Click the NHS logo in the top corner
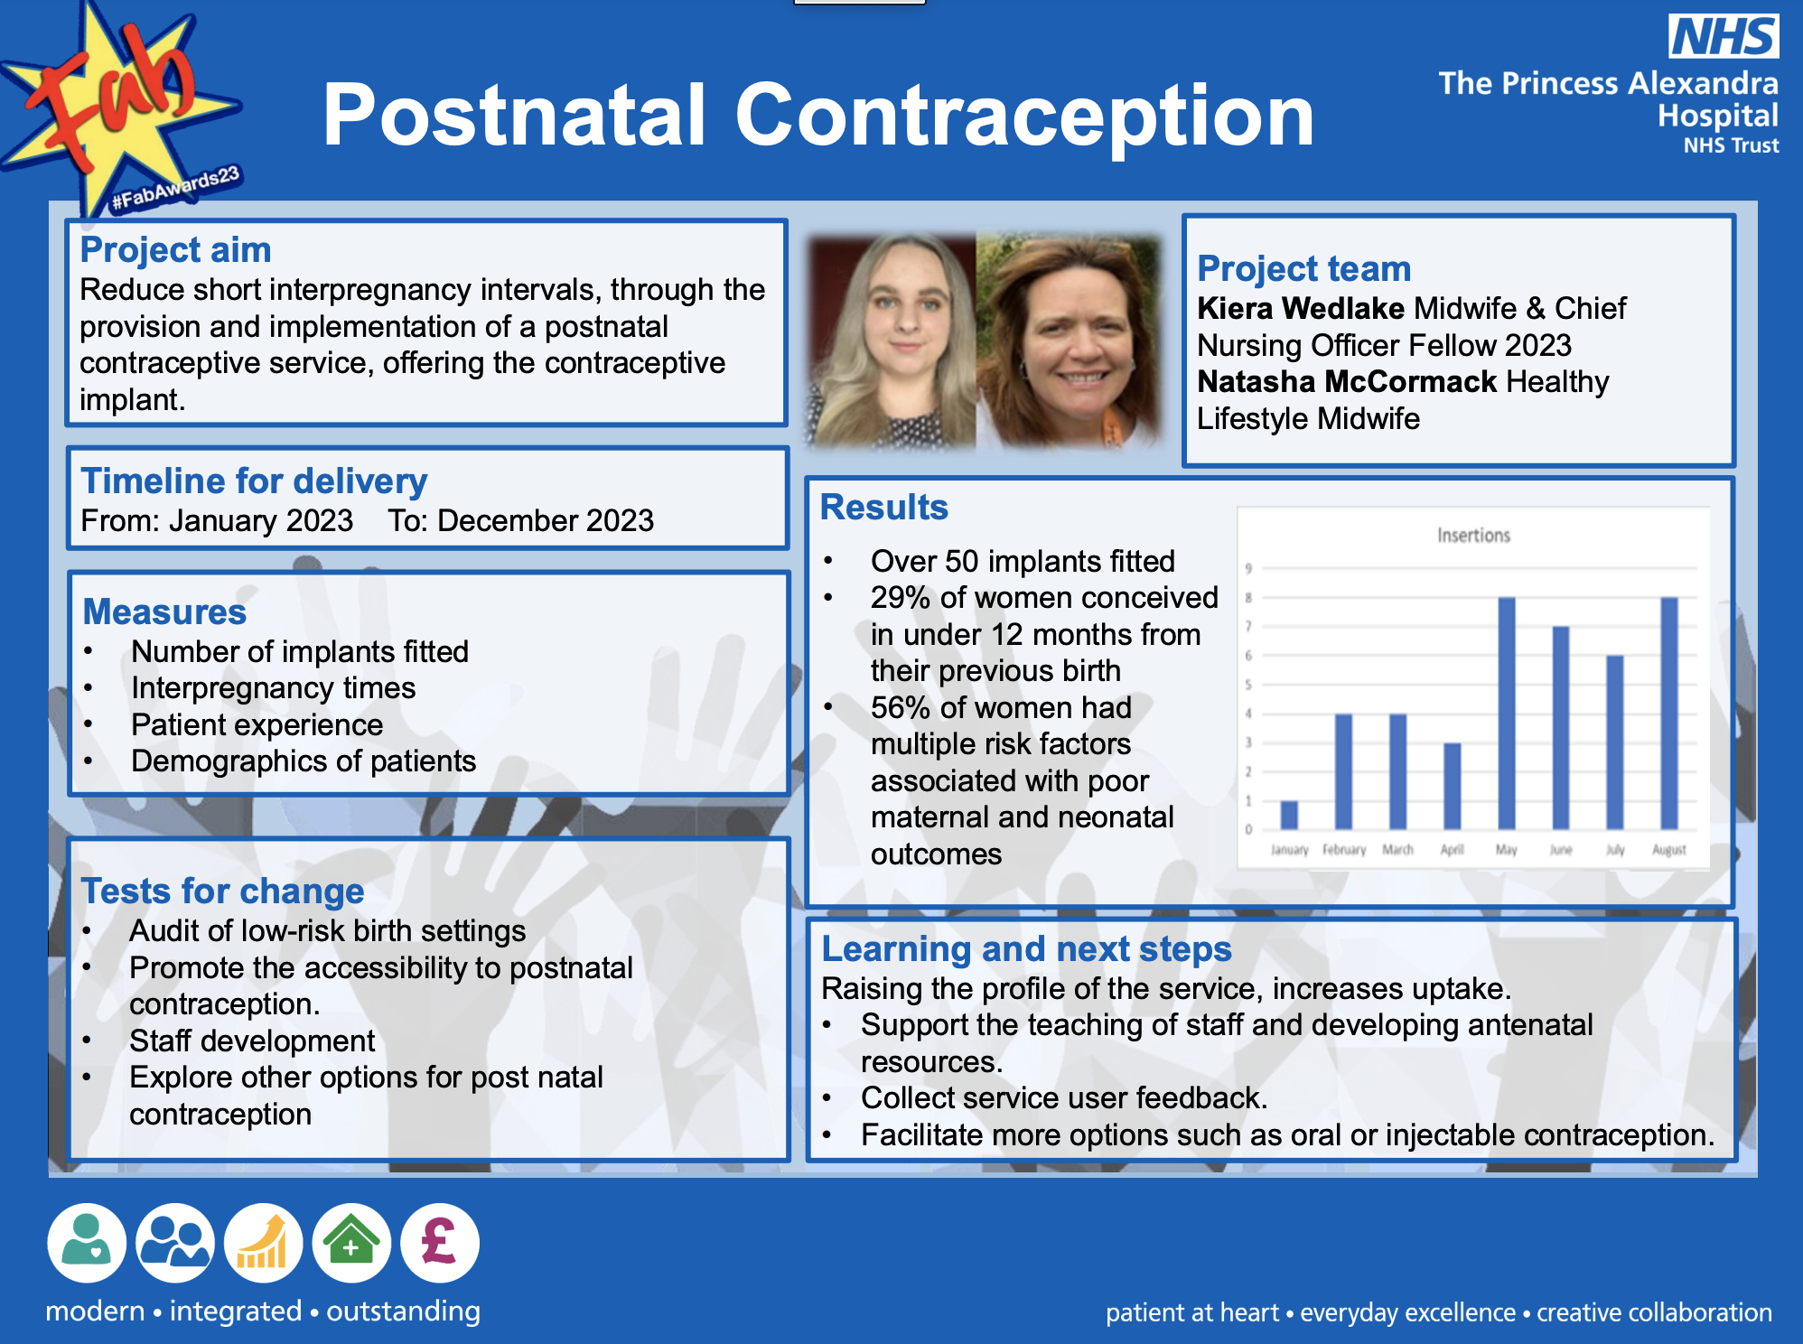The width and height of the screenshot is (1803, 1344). (1723, 36)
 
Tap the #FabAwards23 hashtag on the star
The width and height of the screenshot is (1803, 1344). (175, 188)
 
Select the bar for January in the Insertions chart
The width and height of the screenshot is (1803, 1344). (1289, 815)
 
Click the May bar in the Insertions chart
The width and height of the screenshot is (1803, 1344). (1506, 714)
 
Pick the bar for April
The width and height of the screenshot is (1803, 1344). (1452, 786)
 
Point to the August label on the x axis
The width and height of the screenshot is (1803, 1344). (1668, 850)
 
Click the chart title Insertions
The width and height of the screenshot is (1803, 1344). (1473, 536)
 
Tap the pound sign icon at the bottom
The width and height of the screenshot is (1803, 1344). (439, 1242)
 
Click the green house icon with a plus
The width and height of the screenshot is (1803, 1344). (351, 1242)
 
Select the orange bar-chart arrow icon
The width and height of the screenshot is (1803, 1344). (263, 1242)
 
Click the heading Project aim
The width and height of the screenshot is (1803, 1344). (175, 250)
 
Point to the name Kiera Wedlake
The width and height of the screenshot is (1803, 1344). (1300, 309)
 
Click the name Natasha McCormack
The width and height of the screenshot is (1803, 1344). (1347, 382)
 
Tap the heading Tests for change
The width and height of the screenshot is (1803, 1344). (222, 891)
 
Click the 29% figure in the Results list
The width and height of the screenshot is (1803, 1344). (900, 598)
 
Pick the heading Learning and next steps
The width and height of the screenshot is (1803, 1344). (1026, 949)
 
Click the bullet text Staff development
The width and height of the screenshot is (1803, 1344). (252, 1041)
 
